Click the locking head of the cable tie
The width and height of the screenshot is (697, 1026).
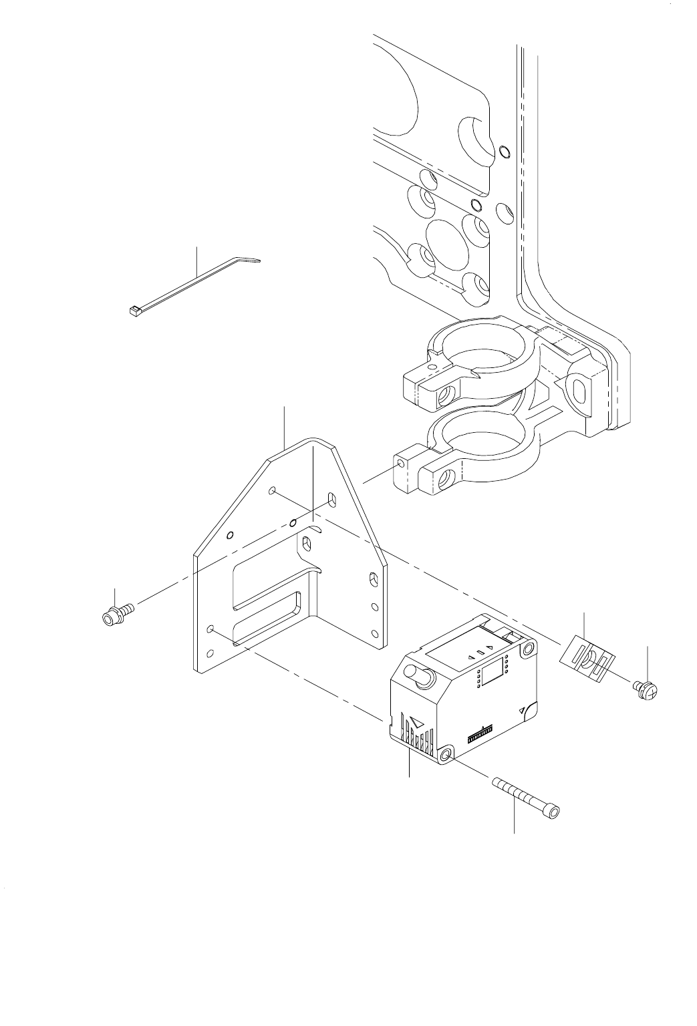(x=132, y=310)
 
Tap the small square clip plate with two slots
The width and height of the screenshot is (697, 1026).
(x=585, y=659)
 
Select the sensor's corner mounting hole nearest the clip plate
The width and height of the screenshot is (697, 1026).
(x=528, y=649)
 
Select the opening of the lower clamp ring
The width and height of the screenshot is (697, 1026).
(x=480, y=434)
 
